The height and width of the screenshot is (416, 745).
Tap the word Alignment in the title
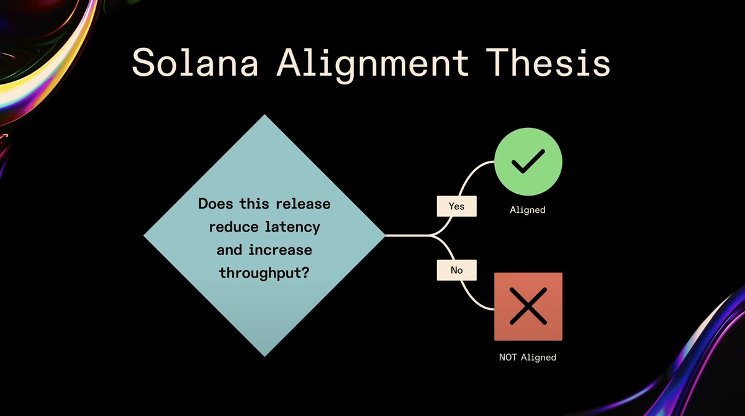tap(372, 63)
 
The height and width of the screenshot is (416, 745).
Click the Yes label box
tap(456, 206)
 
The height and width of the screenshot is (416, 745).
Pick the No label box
tap(456, 270)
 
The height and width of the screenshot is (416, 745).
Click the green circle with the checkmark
tap(528, 161)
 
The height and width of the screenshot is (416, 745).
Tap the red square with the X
tap(528, 307)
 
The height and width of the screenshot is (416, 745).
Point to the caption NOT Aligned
tap(528, 357)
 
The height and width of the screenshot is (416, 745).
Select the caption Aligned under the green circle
tap(528, 210)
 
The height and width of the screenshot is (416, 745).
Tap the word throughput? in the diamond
tap(264, 273)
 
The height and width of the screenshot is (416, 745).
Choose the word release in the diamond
tap(300, 204)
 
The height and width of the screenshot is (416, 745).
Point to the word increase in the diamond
tap(278, 250)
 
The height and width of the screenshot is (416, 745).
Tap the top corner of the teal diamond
tap(264, 116)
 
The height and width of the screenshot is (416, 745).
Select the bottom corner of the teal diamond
tap(264, 355)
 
